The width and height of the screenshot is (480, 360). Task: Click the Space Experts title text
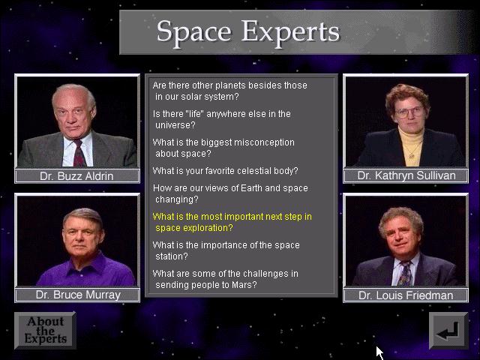(248, 32)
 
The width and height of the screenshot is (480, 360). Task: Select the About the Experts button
(45, 331)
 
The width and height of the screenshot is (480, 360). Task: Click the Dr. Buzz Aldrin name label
(76, 176)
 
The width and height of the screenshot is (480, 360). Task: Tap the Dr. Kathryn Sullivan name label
(406, 175)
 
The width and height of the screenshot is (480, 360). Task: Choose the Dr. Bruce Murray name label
(78, 295)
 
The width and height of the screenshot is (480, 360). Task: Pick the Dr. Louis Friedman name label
(406, 295)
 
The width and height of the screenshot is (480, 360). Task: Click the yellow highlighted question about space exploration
(232, 222)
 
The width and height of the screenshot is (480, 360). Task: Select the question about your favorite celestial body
(225, 171)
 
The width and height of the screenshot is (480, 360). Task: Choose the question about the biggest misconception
(223, 148)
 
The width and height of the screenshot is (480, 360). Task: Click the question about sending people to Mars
(225, 279)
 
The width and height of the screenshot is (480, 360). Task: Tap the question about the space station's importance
(226, 250)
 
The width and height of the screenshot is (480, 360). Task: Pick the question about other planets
(230, 91)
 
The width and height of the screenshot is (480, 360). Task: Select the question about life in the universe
(222, 119)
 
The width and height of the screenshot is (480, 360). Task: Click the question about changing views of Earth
(230, 193)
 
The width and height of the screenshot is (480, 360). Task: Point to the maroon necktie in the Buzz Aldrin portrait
(79, 153)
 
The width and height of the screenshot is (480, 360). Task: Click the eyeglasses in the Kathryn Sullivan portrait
(409, 112)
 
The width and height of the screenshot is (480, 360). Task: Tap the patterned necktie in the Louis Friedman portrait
(405, 273)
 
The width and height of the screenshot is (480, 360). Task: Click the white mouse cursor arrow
(379, 353)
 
